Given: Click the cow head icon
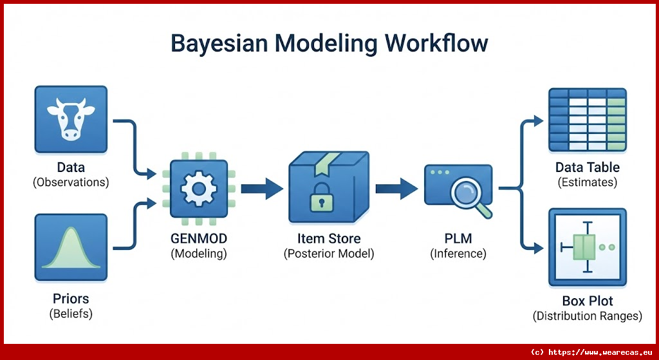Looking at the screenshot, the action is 71,119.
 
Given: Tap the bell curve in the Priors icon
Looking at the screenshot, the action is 71,248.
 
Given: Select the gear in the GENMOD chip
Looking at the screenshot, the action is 198,189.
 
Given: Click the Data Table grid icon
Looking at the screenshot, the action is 588,120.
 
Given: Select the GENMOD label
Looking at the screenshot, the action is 198,238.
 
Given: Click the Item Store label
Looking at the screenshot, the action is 329,238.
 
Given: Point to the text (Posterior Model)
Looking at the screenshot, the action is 329,254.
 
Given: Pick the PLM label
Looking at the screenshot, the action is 458,238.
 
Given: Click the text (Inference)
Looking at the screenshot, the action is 458,254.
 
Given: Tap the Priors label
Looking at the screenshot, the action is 71,299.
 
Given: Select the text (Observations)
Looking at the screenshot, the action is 71,182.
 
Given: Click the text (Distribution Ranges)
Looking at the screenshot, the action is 588,316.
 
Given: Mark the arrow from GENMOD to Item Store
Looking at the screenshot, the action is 262,189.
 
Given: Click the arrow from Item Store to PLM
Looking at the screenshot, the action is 396,189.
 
